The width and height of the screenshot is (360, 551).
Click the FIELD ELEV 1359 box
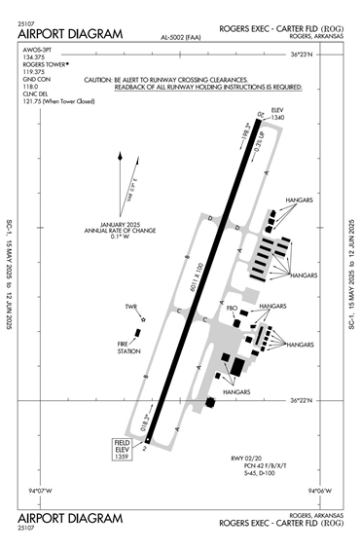[122, 449]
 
